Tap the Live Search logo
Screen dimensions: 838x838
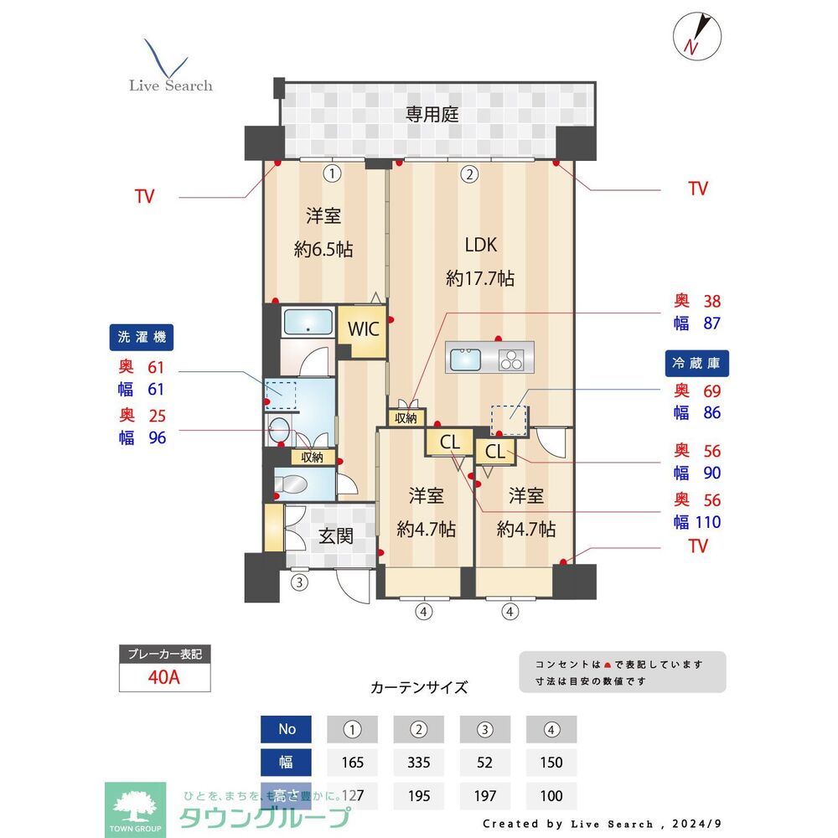[x=170, y=67]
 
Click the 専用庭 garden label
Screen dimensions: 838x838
[x=432, y=115]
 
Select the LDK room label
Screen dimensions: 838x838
[x=481, y=245]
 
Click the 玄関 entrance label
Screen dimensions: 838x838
[x=336, y=536]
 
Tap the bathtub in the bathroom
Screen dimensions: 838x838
[x=308, y=323]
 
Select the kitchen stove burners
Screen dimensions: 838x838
[x=511, y=360]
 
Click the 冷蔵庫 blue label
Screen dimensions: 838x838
[x=697, y=363]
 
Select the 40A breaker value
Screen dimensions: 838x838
[x=163, y=677]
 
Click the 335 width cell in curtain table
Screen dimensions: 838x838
[x=419, y=763]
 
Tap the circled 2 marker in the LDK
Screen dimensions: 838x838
[x=470, y=174]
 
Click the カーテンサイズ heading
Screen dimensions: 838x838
[x=419, y=688]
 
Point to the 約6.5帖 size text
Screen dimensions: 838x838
[x=323, y=249]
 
